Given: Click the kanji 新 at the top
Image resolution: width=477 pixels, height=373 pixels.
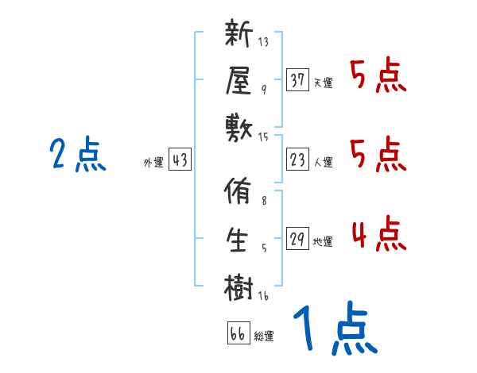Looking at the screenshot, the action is click(238, 36).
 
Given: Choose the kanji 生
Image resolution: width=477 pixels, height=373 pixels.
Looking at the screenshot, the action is click(238, 239).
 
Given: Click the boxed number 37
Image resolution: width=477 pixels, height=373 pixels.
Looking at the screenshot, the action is click(297, 80).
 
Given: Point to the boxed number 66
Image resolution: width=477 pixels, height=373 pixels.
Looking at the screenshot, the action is click(237, 333).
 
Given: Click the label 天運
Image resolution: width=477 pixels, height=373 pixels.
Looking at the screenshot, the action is click(323, 83).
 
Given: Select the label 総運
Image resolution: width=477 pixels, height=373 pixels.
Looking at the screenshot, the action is click(264, 336).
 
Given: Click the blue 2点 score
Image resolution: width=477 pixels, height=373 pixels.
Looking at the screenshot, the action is click(77, 155).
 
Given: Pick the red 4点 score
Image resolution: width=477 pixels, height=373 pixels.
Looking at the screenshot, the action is click(378, 233).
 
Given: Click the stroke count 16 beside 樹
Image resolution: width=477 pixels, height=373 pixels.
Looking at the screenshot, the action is click(263, 297).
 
